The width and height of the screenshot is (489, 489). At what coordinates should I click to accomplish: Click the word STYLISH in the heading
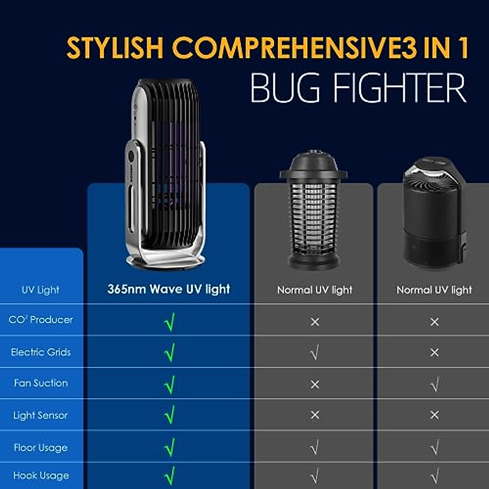click(x=115, y=47)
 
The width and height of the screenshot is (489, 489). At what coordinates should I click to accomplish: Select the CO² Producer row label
click(x=41, y=319)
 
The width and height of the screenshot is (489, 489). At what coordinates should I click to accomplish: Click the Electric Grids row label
click(x=41, y=352)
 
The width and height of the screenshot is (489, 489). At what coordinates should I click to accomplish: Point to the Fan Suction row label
click(x=41, y=383)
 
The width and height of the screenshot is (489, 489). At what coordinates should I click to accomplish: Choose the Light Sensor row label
click(x=40, y=415)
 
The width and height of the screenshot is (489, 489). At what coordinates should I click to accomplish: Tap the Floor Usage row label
click(x=41, y=447)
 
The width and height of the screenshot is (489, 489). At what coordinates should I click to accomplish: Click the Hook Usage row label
click(x=41, y=476)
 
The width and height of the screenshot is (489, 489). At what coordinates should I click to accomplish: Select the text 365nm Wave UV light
click(x=169, y=289)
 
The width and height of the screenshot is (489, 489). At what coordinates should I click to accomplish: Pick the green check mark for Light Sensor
click(x=170, y=415)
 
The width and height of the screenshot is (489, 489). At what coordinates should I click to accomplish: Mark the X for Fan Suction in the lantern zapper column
click(x=315, y=384)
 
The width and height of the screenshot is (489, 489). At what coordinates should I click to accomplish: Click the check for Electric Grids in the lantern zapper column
click(x=315, y=353)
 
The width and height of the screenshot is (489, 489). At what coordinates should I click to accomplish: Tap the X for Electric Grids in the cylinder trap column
click(x=434, y=352)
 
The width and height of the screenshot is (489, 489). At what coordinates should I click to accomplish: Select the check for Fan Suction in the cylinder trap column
click(x=434, y=384)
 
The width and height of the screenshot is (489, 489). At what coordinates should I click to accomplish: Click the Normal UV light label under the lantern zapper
click(x=315, y=290)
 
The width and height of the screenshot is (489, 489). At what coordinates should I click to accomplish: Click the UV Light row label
click(x=40, y=290)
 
